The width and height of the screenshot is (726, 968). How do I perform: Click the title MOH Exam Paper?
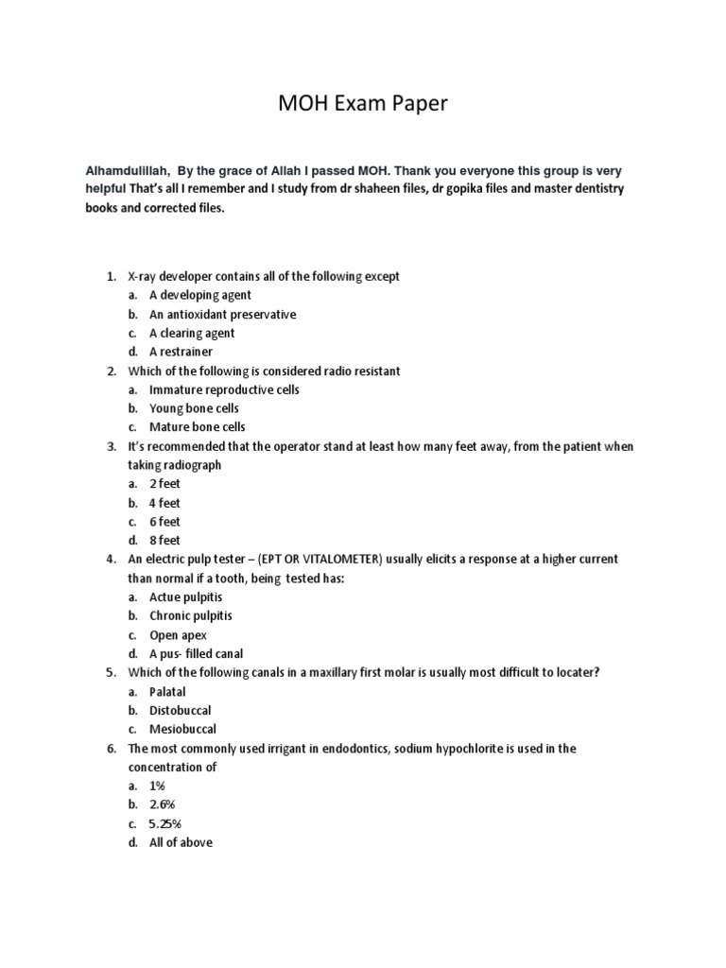362,104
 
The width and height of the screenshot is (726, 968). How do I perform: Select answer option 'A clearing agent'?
192,333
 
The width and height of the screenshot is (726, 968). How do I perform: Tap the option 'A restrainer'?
181,352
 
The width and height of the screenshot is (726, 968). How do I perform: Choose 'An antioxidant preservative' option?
222,314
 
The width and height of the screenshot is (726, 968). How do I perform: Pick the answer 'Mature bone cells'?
197,427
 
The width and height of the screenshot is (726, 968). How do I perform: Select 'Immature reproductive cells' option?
222,389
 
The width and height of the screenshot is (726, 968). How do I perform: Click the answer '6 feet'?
164,522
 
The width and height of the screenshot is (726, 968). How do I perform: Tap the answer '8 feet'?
164,541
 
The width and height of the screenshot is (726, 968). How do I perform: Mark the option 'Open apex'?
178,635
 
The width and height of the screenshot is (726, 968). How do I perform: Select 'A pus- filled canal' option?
196,654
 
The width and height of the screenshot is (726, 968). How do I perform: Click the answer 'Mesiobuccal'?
182,730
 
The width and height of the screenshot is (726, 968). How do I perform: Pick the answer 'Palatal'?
169,692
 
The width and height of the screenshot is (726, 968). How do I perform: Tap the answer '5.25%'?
165,823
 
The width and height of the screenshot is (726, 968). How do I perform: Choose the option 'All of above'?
181,842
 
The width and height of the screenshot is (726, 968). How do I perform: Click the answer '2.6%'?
162,804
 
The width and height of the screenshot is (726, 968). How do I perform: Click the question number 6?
111,749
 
